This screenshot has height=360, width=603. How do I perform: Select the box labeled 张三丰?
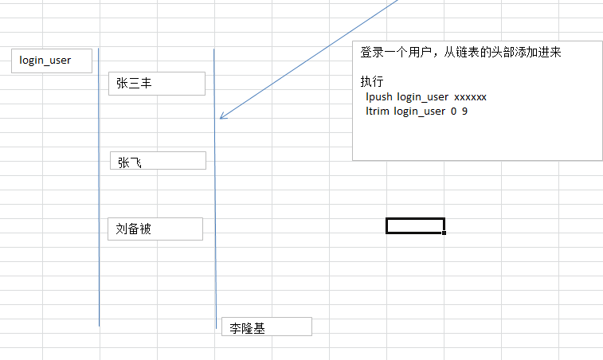156,83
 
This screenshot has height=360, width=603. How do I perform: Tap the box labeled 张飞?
158,161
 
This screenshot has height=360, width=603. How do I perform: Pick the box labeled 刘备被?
155,229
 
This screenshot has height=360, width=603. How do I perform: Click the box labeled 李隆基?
266,327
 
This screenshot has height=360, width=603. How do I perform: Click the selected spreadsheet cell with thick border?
414,225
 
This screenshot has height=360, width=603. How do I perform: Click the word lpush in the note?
378,96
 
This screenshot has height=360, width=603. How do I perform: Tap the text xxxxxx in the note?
470,96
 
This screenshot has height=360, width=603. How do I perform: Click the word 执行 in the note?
372,81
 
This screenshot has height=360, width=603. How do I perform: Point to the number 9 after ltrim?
464,111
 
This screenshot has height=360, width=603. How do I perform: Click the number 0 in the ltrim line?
453,111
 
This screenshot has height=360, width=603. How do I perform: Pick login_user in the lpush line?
422,96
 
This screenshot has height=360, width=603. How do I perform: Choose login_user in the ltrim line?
419,111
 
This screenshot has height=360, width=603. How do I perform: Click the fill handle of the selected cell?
444,233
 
